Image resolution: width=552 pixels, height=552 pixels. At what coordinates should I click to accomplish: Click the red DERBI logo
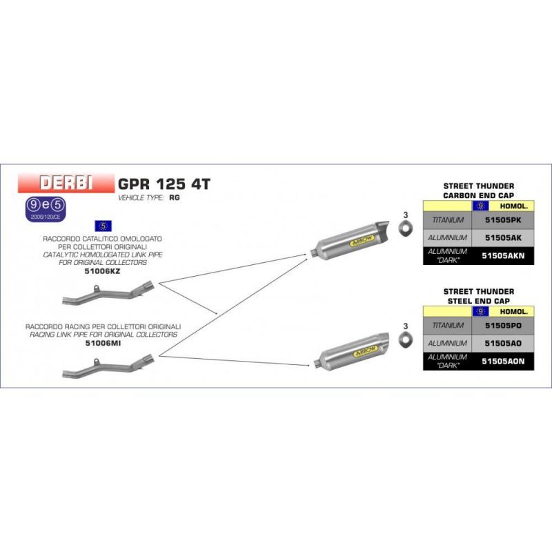(67, 184)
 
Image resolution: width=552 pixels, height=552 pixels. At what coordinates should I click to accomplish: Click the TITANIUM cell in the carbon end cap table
(447, 221)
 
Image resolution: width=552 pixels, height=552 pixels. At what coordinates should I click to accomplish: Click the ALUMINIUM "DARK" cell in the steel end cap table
(447, 360)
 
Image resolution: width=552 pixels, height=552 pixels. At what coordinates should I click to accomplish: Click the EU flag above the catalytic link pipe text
(103, 226)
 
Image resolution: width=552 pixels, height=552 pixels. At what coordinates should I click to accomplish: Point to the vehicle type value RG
(174, 197)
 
